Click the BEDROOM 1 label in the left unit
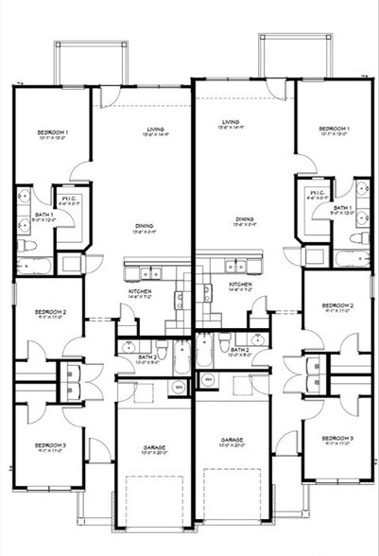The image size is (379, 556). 51,131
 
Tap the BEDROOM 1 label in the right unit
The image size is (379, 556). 334,128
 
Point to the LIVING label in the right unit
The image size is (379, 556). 231,122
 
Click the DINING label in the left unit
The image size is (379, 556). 145,226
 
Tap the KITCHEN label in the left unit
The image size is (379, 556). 141,291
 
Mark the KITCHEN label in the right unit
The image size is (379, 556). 239,285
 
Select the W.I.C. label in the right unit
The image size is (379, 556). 316,196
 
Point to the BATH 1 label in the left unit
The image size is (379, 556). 44,216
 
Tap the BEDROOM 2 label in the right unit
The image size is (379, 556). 336,306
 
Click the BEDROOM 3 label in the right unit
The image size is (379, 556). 336,440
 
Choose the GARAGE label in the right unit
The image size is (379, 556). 233,442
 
